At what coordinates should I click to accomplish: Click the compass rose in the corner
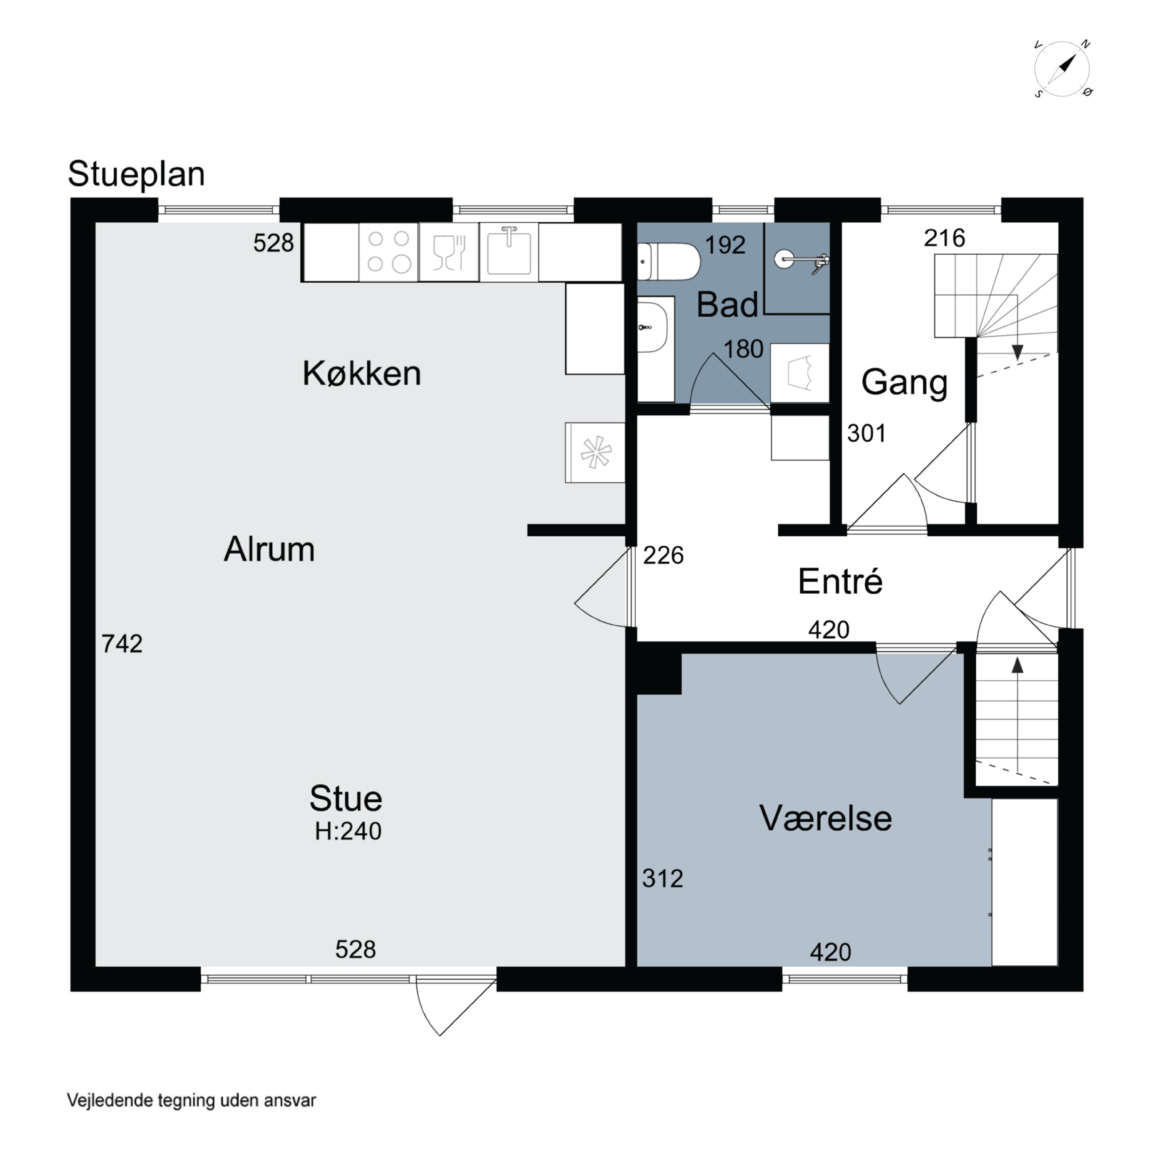click(1062, 69)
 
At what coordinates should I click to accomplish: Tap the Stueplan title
click(136, 174)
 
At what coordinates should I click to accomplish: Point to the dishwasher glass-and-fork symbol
click(449, 252)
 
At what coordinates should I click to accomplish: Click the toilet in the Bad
click(667, 262)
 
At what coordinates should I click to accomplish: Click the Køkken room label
click(362, 373)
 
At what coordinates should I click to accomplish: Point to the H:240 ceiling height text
click(348, 831)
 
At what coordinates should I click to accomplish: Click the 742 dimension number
click(122, 644)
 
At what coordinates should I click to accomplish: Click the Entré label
click(840, 581)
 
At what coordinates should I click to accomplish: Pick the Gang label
click(904, 383)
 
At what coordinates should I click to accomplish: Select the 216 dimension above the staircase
click(944, 238)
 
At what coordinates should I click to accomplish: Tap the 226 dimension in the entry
click(663, 556)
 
